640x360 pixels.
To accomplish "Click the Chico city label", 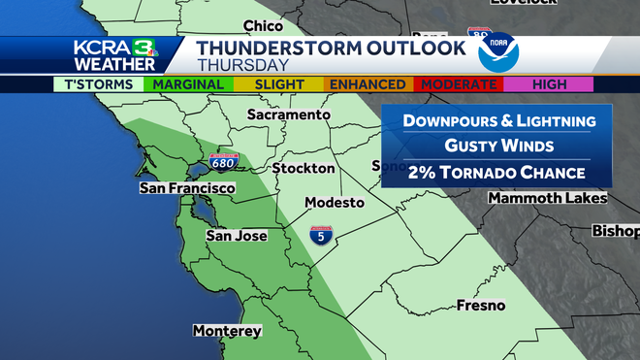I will [264, 25].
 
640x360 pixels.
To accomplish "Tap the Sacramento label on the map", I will [282, 115].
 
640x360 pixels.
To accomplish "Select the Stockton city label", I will [303, 168].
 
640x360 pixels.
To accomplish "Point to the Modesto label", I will [334, 203].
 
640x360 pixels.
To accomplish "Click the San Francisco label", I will [188, 187].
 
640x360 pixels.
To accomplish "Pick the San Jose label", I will [236, 236].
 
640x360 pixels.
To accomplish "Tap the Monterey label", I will [228, 331].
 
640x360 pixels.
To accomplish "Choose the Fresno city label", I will [482, 306].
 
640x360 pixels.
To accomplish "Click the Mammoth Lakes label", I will [547, 198].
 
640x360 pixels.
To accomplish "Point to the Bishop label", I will [617, 232].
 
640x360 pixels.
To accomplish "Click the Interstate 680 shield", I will [222, 161].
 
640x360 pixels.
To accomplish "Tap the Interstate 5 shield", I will [318, 234].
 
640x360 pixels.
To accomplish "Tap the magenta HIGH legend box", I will [549, 84].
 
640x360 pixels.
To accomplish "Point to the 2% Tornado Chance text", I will [482, 172].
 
